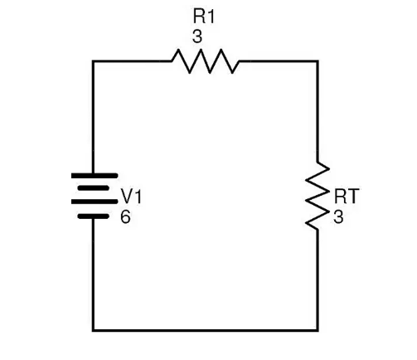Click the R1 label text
click(204, 17)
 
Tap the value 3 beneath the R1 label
click(197, 36)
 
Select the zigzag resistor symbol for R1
click(205, 61)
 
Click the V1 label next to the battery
click(131, 197)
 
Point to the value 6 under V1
click(125, 216)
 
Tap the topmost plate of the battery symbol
click(95, 176)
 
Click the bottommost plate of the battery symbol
click(93, 216)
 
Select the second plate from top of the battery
click(93, 188)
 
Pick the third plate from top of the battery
click(95, 202)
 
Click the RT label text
click(347, 196)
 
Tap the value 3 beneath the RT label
click(338, 216)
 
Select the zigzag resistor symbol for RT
click(318, 196)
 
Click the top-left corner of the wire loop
click(93, 61)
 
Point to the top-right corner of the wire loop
click(318, 61)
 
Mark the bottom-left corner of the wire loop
click(93, 330)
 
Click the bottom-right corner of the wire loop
click(318, 330)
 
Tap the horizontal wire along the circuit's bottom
click(206, 330)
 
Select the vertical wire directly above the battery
click(93, 117)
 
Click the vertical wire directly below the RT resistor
click(318, 280)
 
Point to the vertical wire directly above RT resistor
click(318, 110)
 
